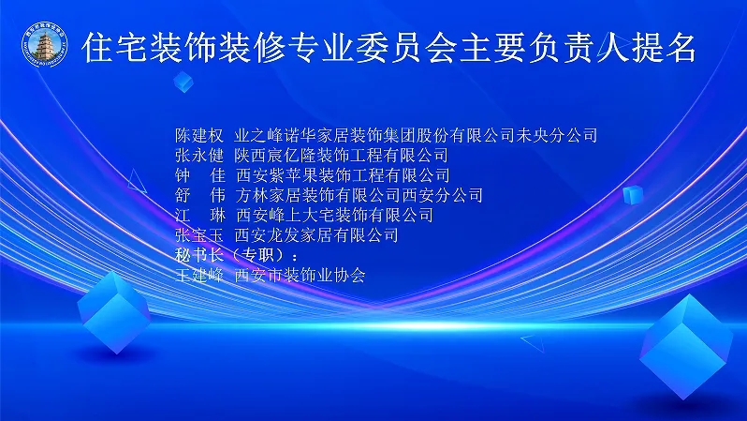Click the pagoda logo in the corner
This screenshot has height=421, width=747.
[x=45, y=44]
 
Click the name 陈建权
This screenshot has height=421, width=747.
[x=199, y=136]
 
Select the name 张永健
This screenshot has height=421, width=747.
[x=199, y=155]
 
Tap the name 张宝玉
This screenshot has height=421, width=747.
[x=199, y=235]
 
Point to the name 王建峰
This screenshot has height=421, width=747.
[x=199, y=276]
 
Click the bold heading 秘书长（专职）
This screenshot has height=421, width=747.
[x=236, y=255]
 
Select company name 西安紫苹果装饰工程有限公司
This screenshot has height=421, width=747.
[x=343, y=175]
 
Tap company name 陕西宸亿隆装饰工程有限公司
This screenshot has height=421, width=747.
[x=342, y=155]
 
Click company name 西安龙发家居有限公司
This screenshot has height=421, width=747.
[x=316, y=235]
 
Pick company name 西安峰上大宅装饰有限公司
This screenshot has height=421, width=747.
[x=334, y=216]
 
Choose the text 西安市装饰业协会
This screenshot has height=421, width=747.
[x=300, y=276]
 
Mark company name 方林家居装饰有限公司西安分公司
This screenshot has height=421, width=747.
[x=359, y=195]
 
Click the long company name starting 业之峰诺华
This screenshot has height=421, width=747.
[x=416, y=136]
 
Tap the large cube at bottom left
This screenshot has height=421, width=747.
[x=114, y=312]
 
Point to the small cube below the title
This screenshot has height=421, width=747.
[x=183, y=82]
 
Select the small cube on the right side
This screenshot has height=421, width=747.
[x=633, y=195]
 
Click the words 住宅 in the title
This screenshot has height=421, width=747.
[x=115, y=48]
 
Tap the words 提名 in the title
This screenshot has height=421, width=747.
[x=664, y=48]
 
